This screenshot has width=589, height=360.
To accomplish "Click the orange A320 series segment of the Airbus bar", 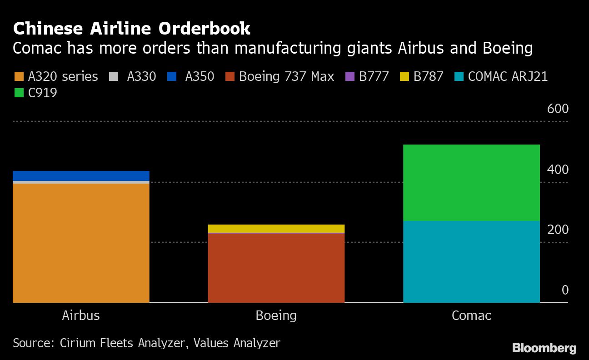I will coord(81,243).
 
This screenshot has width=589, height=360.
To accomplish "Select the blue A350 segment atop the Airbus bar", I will coord(81,175).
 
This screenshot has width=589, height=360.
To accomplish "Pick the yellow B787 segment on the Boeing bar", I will coord(276,228).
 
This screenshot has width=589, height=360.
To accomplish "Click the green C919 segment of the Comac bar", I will coord(471,183).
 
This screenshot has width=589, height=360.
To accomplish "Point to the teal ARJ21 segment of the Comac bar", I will coord(471,261).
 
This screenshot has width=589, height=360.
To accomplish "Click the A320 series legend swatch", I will coord(19,76).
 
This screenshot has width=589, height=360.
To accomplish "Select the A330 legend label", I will coord(141,76).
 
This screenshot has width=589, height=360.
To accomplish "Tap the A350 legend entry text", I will coord(200,76).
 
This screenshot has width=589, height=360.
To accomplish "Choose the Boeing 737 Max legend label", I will coord(286,76).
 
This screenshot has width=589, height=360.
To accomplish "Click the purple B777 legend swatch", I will coord(349,76).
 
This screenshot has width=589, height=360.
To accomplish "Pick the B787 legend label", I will coord(428,76).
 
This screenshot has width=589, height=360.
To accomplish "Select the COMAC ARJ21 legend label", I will coord(508,76).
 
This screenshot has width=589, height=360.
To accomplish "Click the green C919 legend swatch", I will coord(19,93).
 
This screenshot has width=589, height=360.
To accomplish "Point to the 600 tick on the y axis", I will coord(558,109).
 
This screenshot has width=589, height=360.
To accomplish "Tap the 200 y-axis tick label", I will coord(558,230).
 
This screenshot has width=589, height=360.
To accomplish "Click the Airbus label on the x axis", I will coord(81,315).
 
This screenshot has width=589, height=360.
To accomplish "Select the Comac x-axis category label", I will coord(471,315).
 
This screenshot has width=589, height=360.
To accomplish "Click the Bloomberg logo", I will coord(544,348).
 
